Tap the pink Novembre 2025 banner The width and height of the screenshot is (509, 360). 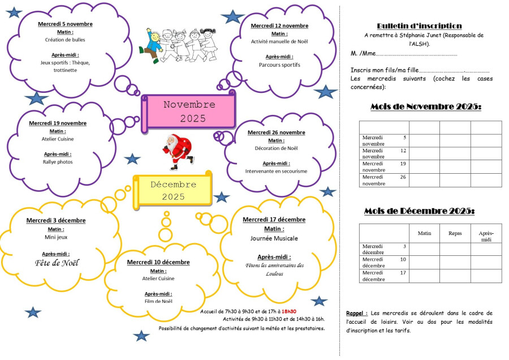[x=189, y=112]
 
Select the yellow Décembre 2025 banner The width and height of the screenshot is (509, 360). [x=173, y=190]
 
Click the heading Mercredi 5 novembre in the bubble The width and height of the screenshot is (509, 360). [x=65, y=24]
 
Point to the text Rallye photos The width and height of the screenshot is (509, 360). [x=57, y=162]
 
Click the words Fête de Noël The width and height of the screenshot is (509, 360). [x=57, y=263]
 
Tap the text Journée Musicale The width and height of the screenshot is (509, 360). [x=274, y=238]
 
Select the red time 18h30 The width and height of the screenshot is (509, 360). [x=289, y=311]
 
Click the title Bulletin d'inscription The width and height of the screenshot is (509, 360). [x=419, y=26]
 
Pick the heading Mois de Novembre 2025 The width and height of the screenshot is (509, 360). [x=425, y=106]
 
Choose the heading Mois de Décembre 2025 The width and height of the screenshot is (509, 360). [x=419, y=211]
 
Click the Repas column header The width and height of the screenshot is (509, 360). [x=455, y=233]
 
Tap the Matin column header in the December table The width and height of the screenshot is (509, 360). [x=424, y=233]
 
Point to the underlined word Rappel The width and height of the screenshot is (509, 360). [x=356, y=313]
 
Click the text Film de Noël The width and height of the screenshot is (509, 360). [x=158, y=301]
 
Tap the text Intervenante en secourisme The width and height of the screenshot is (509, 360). [x=276, y=171]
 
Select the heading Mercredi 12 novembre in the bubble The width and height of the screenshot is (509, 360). [x=279, y=25]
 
